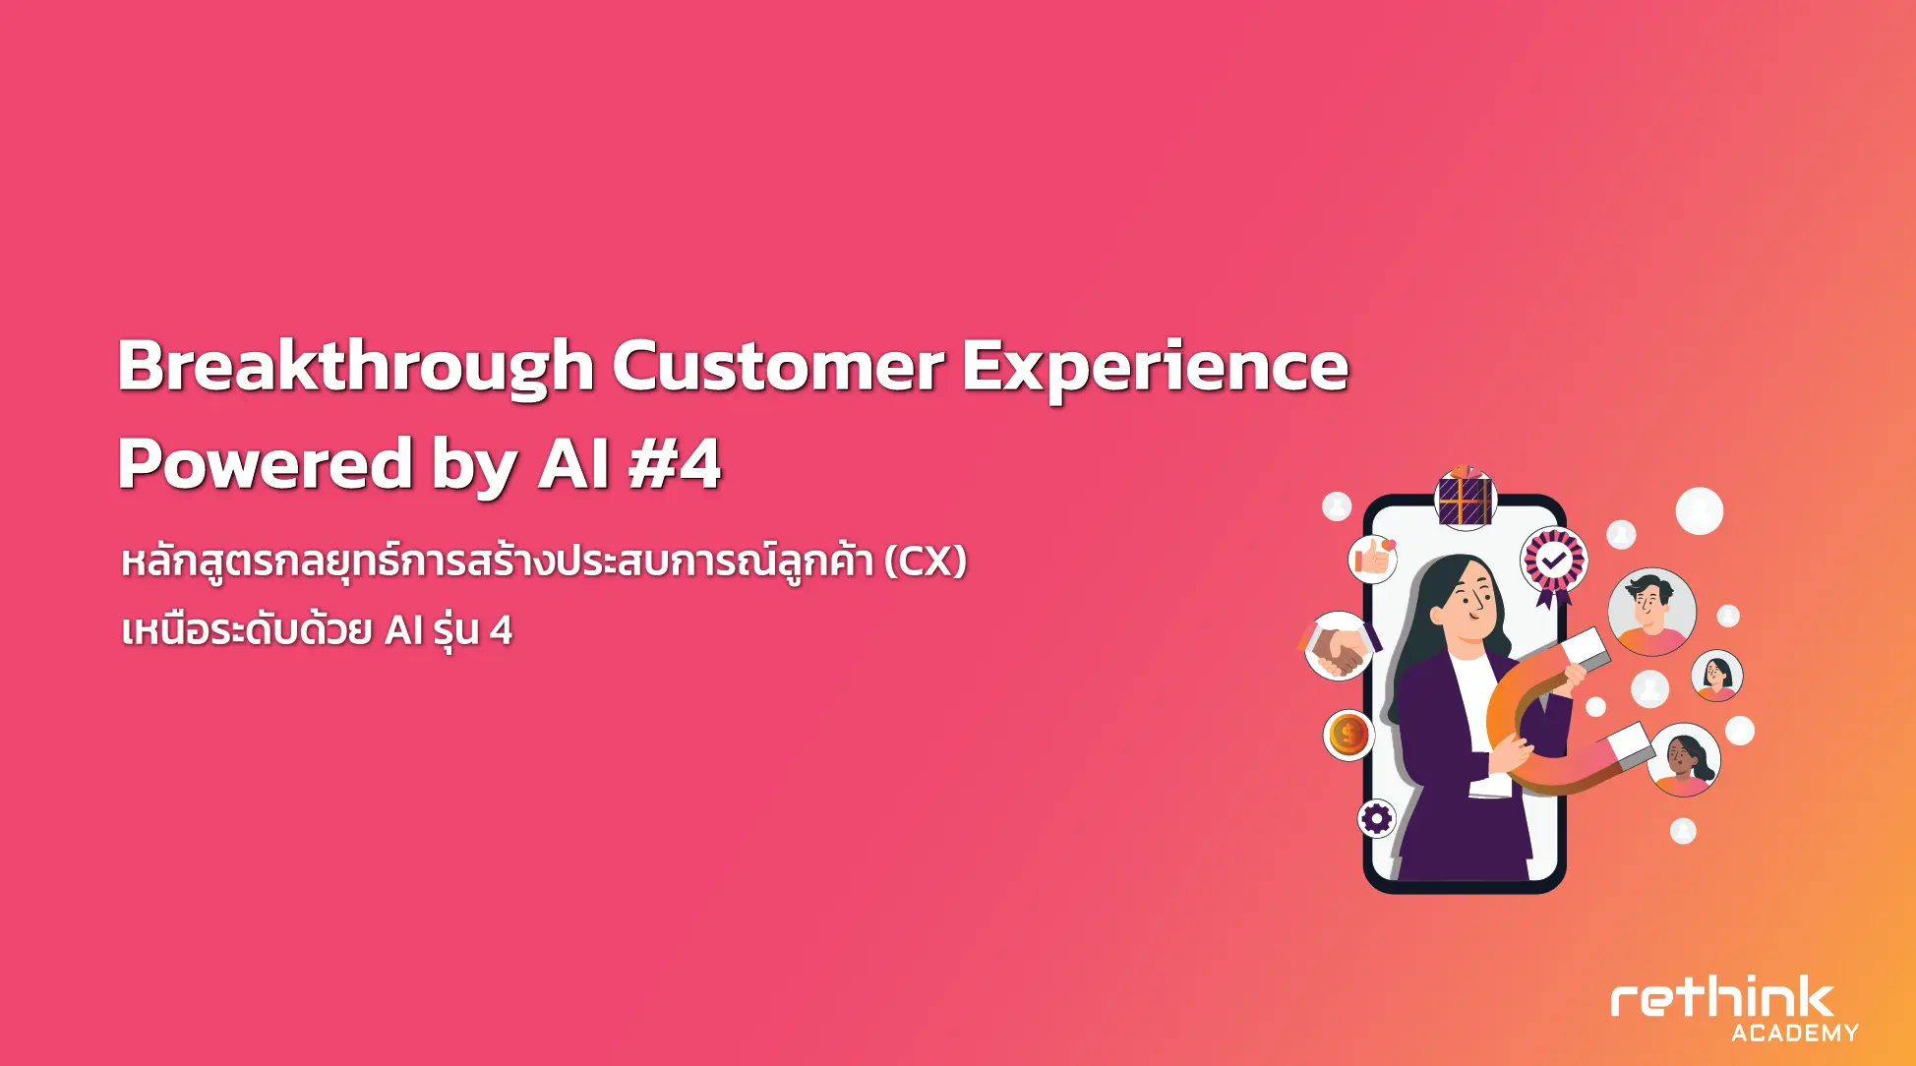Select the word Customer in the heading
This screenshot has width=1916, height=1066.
point(778,365)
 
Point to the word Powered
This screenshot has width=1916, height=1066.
point(266,463)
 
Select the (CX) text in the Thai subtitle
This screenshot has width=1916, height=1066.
point(925,562)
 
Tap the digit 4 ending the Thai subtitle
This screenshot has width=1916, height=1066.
point(501,630)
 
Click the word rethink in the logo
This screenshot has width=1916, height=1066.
point(1722,999)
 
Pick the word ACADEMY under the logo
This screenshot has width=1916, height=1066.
point(1795,1033)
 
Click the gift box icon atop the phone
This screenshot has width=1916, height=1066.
point(1466,498)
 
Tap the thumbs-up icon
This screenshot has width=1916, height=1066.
point(1373,559)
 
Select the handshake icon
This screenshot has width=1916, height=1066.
point(1339,646)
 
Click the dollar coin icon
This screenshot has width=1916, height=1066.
point(1348,734)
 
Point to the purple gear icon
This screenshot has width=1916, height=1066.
point(1377,818)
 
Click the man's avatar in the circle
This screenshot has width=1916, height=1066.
point(1652,612)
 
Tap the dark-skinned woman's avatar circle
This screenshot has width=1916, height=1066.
point(1684,760)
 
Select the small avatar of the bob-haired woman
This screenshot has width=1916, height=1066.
point(1716,676)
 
